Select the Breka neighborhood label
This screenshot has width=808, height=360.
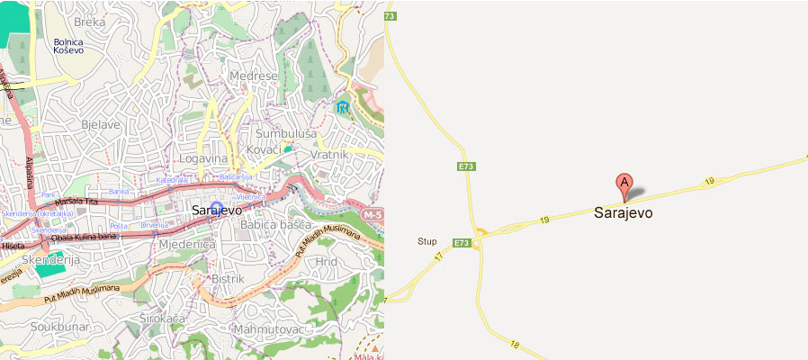[x=90, y=21]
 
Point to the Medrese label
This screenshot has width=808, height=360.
[x=254, y=76]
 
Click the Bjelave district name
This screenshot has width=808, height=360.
[x=101, y=124]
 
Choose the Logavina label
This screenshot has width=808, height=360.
[x=203, y=157]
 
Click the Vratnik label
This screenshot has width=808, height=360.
[x=328, y=155]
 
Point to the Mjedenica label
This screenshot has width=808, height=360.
[x=187, y=244]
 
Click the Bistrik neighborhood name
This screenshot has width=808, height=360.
[x=228, y=279]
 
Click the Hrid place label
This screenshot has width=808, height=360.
[x=326, y=261]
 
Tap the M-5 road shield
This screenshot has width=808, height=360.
[x=373, y=216]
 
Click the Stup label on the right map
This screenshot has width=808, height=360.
[x=427, y=241]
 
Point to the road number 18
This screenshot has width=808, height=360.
[x=515, y=344]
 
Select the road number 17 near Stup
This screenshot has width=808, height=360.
[x=439, y=257]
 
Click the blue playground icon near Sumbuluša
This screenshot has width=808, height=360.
[x=342, y=107]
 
